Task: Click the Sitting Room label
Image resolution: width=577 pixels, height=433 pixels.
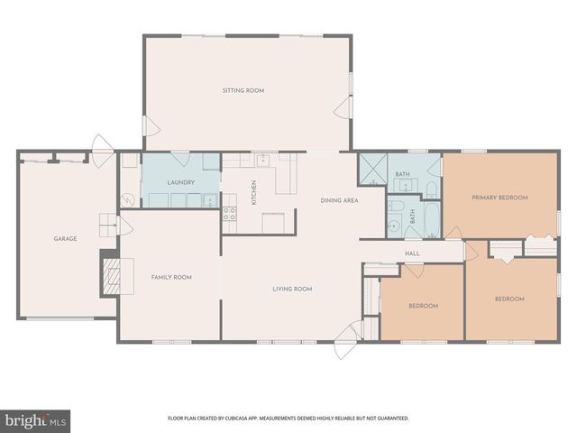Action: coord(243,90)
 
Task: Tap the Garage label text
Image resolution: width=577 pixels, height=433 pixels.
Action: coord(65,239)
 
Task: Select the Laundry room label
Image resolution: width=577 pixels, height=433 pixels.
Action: coord(181,183)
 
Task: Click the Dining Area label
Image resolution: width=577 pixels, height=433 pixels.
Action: coord(340,200)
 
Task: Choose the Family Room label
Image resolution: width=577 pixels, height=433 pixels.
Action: coord(170,277)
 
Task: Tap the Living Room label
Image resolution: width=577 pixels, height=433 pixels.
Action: coord(292,289)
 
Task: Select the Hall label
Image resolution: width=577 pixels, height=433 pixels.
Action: coord(412,254)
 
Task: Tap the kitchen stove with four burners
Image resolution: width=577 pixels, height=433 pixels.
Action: coord(229,215)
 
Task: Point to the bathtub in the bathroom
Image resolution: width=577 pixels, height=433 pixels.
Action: coord(430,218)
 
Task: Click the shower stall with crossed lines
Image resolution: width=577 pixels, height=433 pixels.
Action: coord(372,169)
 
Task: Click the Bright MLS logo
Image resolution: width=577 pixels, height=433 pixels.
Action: coord(35,420)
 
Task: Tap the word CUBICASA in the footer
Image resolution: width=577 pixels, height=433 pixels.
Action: coord(257,419)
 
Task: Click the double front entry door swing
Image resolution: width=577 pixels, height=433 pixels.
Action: coord(345,346)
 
